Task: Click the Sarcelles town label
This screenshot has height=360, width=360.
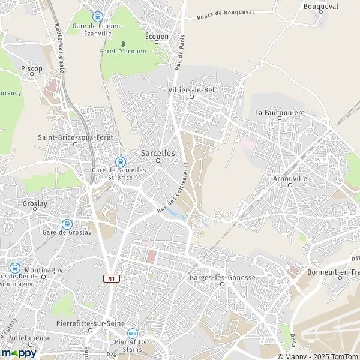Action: (x=158, y=153)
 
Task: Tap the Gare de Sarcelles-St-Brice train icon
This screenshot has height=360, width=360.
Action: (x=120, y=161)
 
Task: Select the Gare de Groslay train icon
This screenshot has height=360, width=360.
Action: (x=66, y=223)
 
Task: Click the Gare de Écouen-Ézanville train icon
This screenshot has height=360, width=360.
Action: (x=98, y=17)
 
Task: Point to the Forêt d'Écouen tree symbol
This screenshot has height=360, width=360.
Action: (x=124, y=44)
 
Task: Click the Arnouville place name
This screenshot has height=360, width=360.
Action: (x=290, y=178)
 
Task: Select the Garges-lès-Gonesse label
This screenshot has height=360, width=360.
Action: (x=222, y=278)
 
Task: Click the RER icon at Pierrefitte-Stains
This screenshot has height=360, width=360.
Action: (x=133, y=333)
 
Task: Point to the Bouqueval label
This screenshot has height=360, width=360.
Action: (x=321, y=7)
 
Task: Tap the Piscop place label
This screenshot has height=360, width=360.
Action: (x=32, y=69)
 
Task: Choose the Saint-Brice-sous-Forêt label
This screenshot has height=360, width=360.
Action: (x=75, y=137)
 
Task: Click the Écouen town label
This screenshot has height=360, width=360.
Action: (x=158, y=36)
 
